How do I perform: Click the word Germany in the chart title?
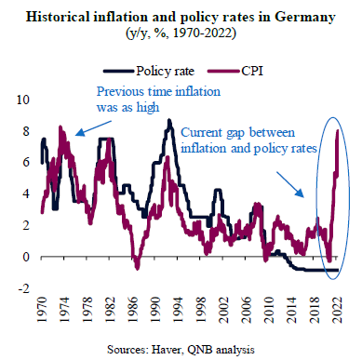304,18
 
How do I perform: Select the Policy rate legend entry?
149,71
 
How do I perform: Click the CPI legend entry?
235,71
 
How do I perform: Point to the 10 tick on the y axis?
23,100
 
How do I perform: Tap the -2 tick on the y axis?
23,288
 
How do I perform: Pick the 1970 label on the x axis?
42,310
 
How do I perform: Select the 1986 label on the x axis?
132,310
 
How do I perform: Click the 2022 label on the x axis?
337,310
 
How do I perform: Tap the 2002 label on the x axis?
223,310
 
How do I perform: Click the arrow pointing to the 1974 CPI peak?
93,128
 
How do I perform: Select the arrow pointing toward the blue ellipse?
290,185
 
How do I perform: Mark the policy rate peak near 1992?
169,120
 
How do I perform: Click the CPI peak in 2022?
338,130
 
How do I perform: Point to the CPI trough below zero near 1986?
138,268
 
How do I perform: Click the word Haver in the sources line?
166,350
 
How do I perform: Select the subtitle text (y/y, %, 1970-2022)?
181,33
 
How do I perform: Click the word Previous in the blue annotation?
120,92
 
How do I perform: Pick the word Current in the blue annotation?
202,132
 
